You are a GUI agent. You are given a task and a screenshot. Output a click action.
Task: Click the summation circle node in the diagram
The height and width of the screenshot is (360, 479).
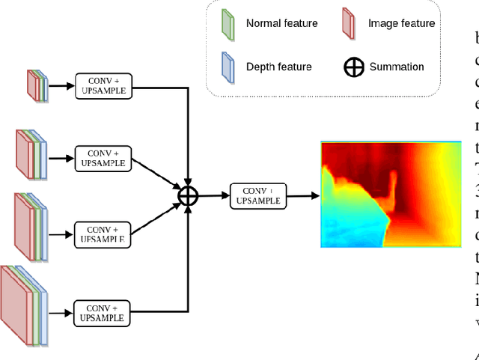point(188,195)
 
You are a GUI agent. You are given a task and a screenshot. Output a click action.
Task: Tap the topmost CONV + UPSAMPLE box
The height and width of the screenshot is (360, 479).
point(103,86)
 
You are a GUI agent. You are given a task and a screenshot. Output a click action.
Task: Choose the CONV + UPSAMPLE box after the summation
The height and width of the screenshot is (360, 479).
point(258,195)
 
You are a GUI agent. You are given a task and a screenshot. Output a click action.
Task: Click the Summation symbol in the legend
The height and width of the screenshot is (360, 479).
point(353,67)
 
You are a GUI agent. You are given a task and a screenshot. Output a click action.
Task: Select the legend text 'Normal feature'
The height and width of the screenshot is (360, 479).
point(281,24)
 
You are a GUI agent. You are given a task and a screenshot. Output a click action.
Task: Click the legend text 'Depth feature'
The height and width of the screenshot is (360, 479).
point(278,67)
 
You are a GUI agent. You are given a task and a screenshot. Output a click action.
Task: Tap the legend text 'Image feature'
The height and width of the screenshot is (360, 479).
point(401,24)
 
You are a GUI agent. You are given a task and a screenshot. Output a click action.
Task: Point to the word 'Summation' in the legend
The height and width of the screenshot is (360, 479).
point(397,67)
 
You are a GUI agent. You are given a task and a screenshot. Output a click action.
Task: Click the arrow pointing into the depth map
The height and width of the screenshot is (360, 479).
point(302,196)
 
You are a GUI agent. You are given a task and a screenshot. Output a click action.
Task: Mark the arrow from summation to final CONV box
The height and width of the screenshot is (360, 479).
point(213,195)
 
